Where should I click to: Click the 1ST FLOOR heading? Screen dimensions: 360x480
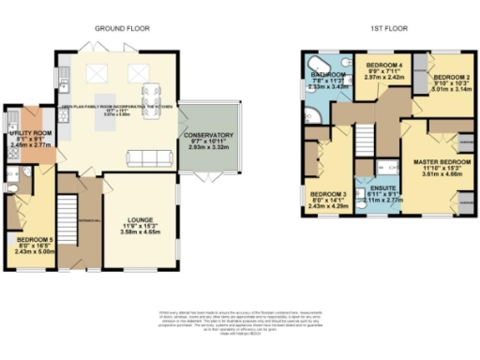[386, 28]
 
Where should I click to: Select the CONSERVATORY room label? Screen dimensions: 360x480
[209, 135]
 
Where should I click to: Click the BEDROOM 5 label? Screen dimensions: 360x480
[31, 238]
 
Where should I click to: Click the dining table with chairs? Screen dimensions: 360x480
[150, 94]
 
